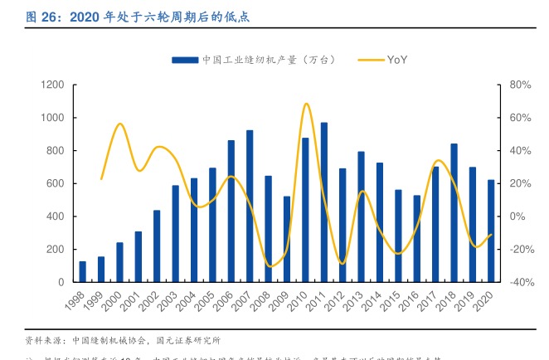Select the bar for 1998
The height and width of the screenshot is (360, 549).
83,271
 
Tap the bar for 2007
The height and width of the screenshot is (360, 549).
250,206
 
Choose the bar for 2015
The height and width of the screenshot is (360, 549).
398,236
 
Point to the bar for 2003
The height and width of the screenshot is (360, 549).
176,233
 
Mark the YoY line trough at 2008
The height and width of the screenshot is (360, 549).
270,266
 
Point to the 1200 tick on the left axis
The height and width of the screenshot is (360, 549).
51,85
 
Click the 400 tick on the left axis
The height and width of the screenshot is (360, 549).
55,216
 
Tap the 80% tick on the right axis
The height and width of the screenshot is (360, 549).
519,85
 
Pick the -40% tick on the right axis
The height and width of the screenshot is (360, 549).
519,282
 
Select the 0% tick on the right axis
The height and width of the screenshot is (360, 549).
517,216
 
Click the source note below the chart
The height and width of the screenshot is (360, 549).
120,340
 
